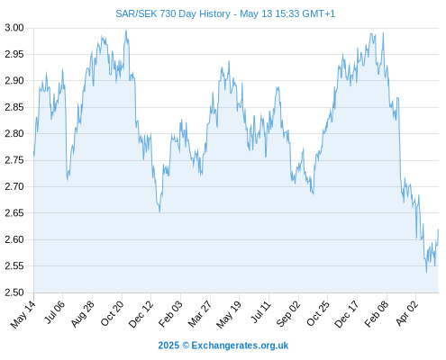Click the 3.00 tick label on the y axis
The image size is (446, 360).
coord(14,28)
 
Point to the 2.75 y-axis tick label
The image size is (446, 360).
coord(14,160)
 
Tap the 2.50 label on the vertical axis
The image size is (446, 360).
coord(14,292)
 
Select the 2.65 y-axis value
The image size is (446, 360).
coord(14,213)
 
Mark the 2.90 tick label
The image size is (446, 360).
coord(14,81)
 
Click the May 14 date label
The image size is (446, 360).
coord(23,314)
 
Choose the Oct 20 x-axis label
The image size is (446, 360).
coord(112,314)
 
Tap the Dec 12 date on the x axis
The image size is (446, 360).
coord(141,314)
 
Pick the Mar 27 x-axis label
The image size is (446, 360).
coord(200,314)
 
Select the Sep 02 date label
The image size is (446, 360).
coord(288,314)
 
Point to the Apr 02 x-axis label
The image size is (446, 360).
coord(406,313)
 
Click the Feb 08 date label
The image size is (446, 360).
coord(377,314)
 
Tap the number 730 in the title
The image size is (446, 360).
coord(168,13)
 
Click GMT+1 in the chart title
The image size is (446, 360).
coord(319,13)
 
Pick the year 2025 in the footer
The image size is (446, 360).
coord(168,346)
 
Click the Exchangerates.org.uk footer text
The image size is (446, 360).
coord(240,346)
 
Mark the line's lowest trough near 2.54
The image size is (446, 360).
coord(426,272)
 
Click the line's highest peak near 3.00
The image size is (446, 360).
coord(126,30)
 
